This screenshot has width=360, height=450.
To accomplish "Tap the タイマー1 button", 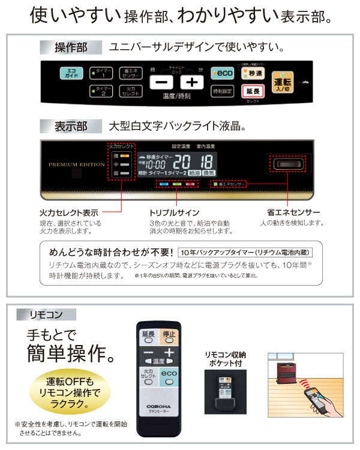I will coord(101,73).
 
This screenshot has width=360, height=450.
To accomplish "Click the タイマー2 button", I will coord(101,91).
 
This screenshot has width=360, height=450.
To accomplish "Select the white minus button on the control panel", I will coord(161,82).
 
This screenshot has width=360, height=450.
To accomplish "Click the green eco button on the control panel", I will coord(223,73).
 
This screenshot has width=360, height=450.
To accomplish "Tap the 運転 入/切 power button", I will coord(281,83).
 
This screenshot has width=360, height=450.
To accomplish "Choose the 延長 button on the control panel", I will coord(253,91).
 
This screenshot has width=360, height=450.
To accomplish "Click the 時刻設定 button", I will coord(223,91).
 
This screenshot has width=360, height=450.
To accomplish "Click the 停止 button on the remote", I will coord(169,335).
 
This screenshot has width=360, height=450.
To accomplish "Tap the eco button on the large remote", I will coord(169,376).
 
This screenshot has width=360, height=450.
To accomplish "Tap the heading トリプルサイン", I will coord(174,212).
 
